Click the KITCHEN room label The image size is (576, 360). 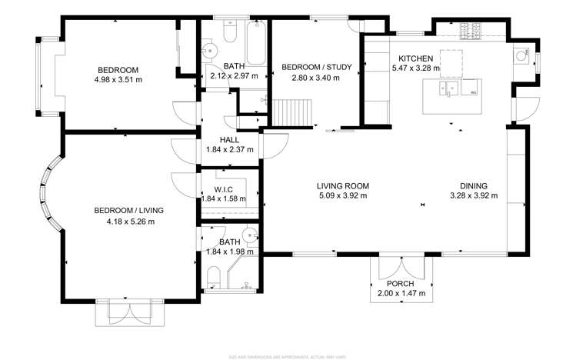point(415,58)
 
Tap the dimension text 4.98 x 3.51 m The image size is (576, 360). point(118,79)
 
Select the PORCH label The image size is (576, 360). point(401,284)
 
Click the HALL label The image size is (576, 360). point(229,139)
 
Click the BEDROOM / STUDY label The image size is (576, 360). point(316,67)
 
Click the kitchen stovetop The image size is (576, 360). point(471,32)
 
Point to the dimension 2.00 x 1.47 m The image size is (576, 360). point(401,294)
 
